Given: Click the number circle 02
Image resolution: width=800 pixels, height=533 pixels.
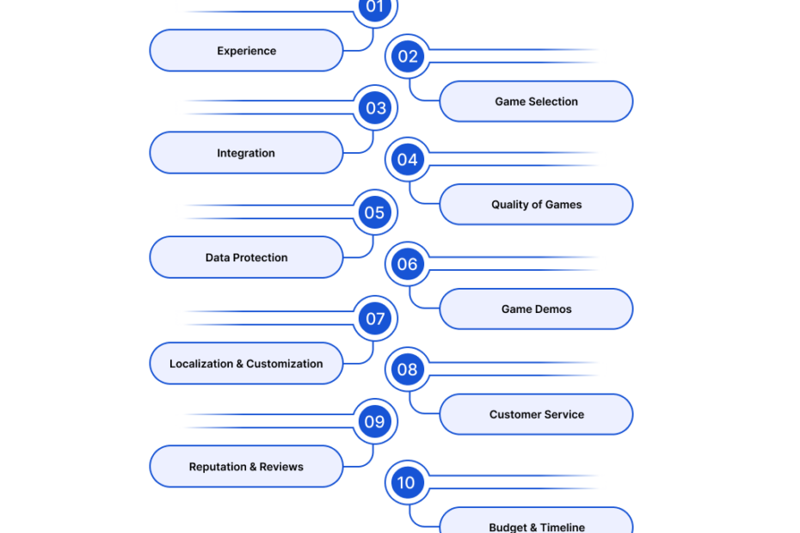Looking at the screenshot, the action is (408, 56).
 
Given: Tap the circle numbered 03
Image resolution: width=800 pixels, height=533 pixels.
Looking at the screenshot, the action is (376, 107).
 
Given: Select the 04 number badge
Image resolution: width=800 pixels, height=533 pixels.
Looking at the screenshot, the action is (408, 160).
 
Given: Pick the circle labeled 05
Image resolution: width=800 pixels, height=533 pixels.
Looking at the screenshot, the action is (376, 212).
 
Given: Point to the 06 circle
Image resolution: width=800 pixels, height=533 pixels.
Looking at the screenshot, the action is (408, 264).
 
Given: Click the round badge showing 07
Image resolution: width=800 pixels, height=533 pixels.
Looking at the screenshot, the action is (376, 318).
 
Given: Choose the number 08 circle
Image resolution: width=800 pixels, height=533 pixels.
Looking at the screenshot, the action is (408, 370).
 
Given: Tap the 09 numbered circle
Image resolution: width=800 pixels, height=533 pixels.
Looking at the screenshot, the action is (376, 421).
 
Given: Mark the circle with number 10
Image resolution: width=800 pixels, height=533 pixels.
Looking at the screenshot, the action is (408, 482).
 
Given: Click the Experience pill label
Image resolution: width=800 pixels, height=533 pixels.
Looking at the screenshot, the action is (246, 51).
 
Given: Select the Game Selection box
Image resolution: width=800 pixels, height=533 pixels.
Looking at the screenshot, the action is (536, 101).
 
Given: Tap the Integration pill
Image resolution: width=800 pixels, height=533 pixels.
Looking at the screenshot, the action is (246, 153).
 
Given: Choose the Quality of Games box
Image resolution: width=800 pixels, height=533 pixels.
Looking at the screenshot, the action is (536, 205).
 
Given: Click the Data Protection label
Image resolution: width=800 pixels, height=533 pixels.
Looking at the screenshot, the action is (246, 258).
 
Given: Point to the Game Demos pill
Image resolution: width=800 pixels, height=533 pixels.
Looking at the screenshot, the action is (536, 309).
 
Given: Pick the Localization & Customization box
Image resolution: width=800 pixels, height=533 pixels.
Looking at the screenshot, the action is (246, 364).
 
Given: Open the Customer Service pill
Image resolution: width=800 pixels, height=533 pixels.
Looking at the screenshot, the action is (536, 414).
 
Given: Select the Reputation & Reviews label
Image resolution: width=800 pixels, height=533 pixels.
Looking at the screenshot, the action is (246, 467).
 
